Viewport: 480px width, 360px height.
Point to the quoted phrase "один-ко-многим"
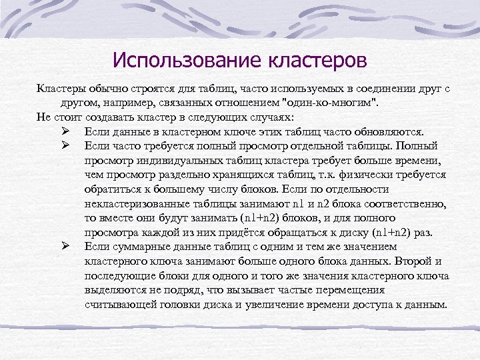[329, 101]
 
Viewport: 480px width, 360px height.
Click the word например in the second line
[131, 101]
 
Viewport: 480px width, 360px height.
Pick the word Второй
[412, 261]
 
